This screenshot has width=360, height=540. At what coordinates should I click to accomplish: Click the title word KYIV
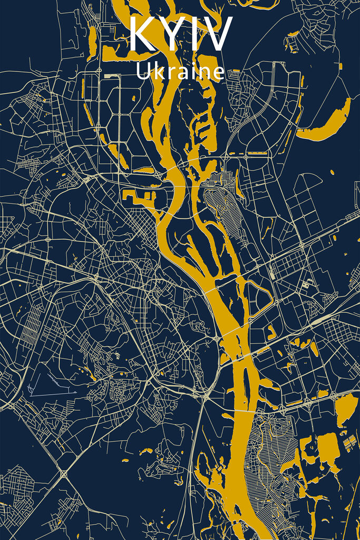180,35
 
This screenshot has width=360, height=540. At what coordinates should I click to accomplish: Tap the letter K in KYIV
141,35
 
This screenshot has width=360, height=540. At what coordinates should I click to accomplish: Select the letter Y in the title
170,35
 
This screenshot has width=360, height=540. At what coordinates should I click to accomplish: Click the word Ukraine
180,72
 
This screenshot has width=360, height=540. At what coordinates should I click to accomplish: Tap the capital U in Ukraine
143,72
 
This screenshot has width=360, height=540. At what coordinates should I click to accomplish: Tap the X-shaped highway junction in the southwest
64,474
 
